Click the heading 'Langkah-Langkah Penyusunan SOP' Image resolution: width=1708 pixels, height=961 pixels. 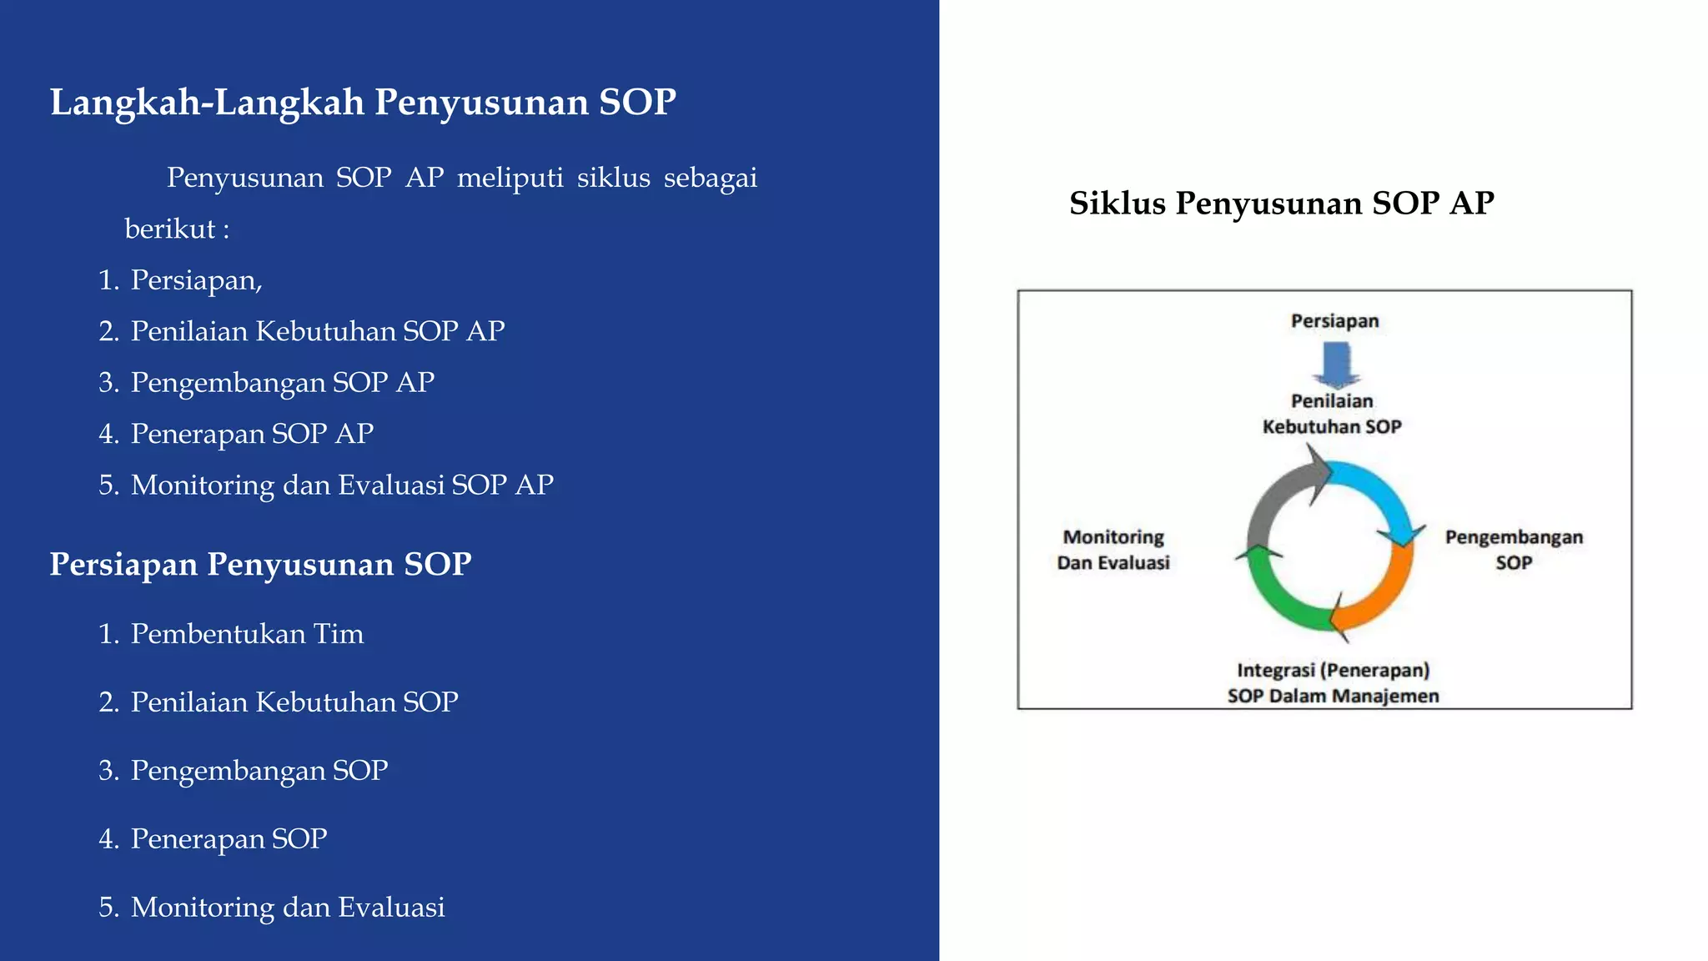click(363, 103)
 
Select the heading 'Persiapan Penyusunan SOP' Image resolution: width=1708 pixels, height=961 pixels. click(260, 565)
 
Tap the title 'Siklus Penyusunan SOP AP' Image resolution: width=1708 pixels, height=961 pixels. click(1281, 204)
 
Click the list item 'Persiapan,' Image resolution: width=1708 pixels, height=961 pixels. click(196, 280)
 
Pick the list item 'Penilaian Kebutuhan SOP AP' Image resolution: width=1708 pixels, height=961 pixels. click(317, 331)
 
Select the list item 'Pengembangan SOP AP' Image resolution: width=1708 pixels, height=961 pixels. click(282, 382)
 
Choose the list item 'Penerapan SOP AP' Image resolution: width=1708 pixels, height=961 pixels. click(252, 434)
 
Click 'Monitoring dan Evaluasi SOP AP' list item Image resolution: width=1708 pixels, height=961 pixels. click(342, 485)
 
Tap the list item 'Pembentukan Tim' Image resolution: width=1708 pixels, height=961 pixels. click(247, 634)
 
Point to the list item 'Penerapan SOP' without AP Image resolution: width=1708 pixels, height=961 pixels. click(229, 838)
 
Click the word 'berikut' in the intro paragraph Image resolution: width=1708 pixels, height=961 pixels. click(170, 229)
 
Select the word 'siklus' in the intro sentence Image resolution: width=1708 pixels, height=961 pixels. click(613, 178)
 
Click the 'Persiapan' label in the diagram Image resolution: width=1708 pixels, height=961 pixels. click(1334, 321)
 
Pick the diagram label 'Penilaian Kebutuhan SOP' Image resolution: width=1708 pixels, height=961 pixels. click(1332, 414)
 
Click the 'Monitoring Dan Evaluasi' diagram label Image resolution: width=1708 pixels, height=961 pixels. click(1113, 550)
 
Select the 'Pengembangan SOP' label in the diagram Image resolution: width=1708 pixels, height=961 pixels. click(1514, 550)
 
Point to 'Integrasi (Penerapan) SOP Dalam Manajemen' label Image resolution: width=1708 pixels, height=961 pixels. click(1333, 683)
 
